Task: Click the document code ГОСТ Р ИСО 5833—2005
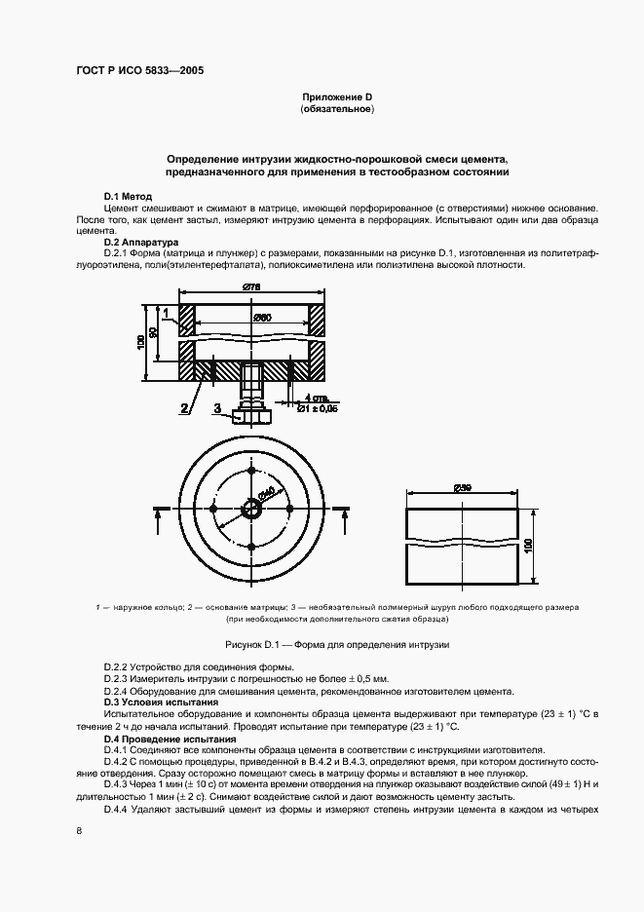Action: pos(138,71)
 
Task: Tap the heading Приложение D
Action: pos(337,98)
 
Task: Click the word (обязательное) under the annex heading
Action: pos(337,110)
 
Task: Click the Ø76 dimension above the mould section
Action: pos(252,285)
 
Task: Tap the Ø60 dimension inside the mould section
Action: pos(261,317)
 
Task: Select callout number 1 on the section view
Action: pos(167,313)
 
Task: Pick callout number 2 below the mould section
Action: pos(182,409)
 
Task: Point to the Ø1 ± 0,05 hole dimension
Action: pos(317,408)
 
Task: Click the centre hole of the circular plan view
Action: pos(252,507)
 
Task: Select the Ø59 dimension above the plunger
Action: pos(463,488)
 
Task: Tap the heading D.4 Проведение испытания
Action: pos(170,740)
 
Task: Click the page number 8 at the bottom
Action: pos(78,830)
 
